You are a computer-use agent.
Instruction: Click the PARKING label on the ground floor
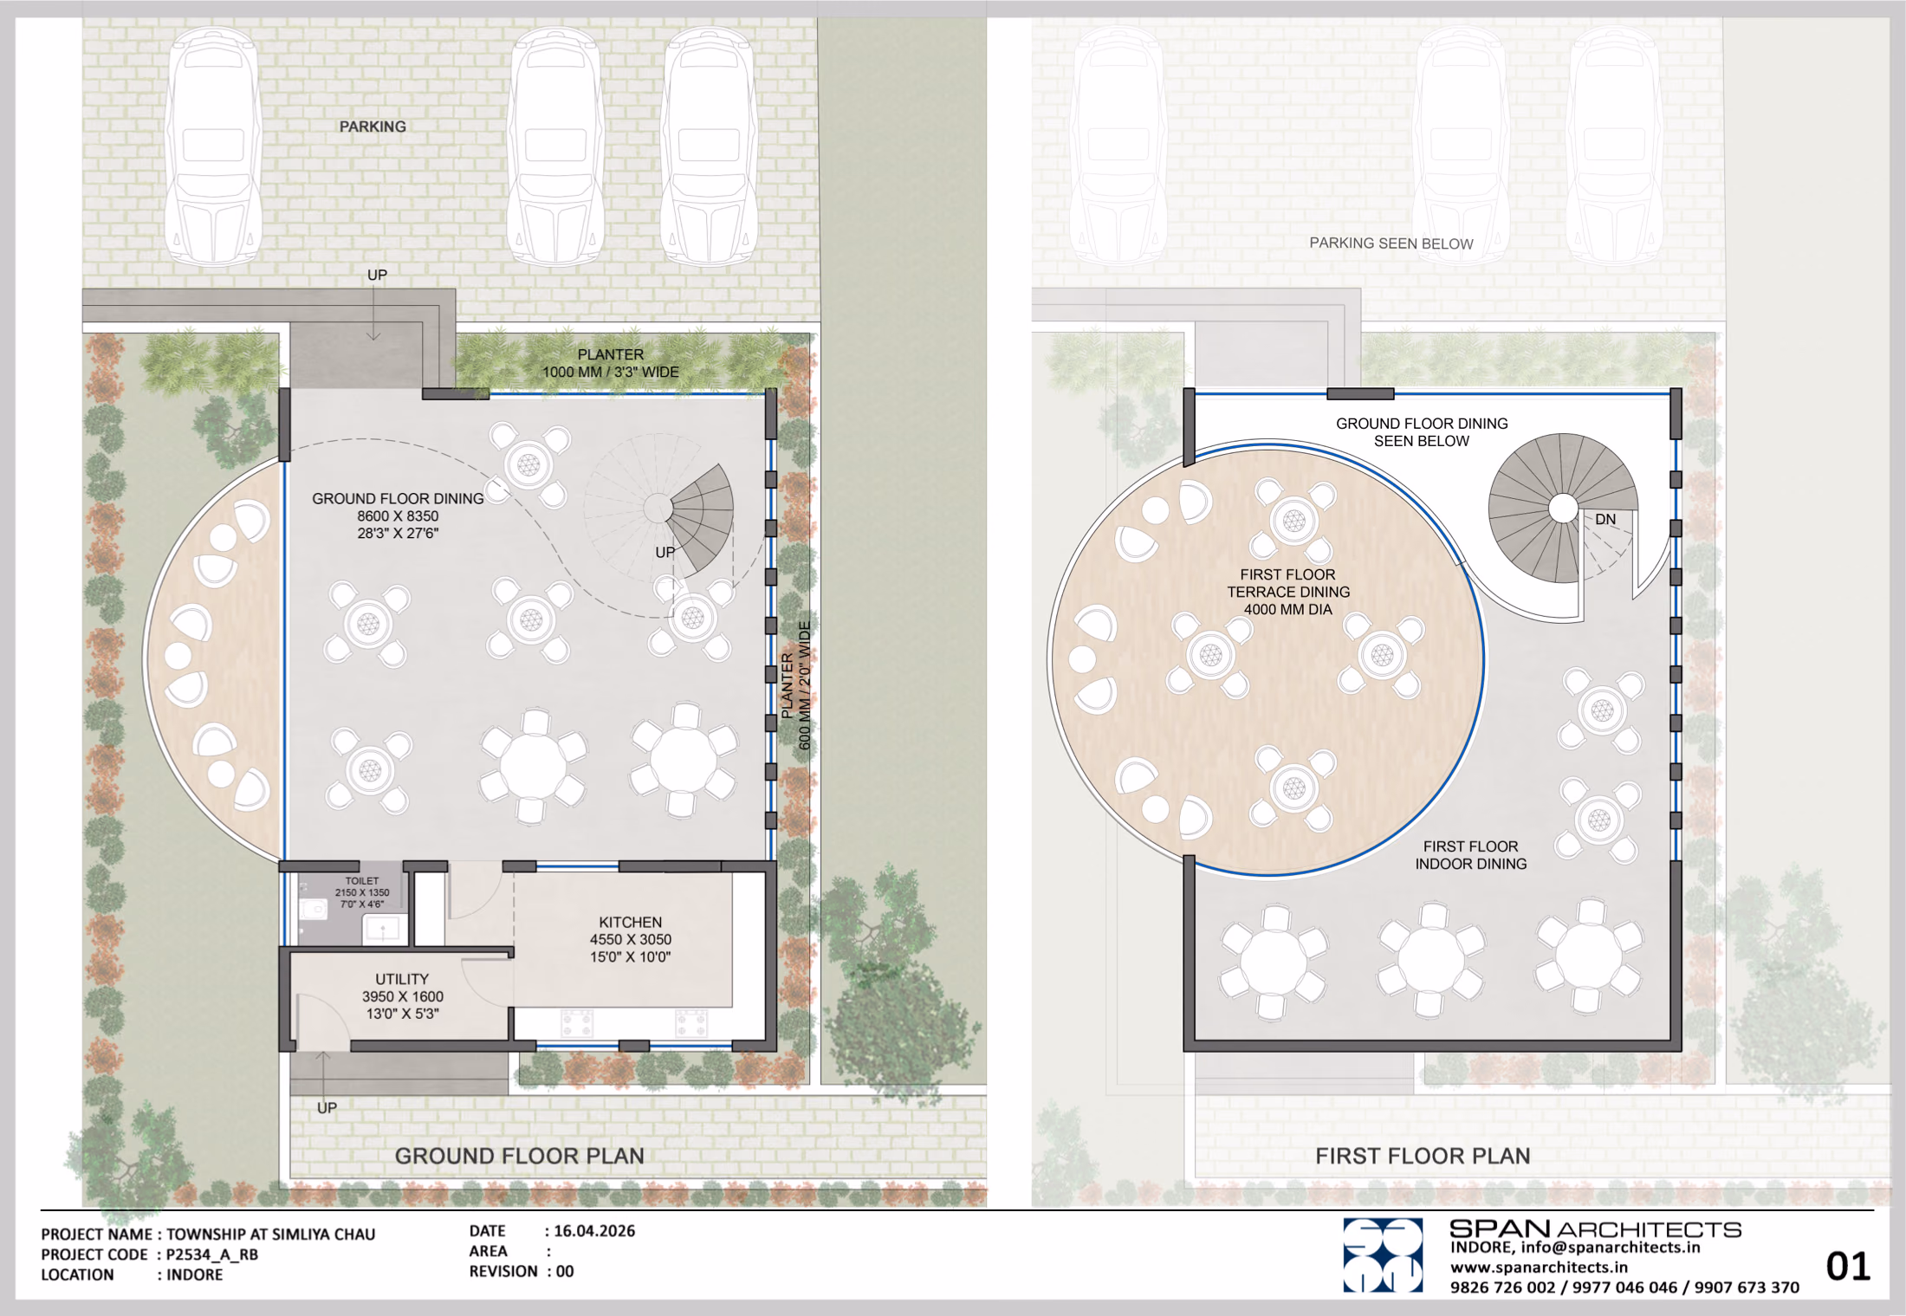[x=373, y=126]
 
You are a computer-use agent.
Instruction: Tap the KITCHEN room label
[x=630, y=922]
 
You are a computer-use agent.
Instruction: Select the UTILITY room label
[x=402, y=979]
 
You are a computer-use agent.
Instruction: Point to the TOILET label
[x=362, y=881]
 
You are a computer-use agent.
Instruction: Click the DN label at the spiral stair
[x=1605, y=519]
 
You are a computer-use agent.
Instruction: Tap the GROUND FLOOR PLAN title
[x=520, y=1156]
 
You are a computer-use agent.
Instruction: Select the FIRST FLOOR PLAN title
[x=1423, y=1156]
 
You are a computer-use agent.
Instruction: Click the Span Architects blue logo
[x=1383, y=1255]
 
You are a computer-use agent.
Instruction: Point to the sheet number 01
[x=1848, y=1267]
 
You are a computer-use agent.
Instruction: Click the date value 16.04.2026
[x=594, y=1231]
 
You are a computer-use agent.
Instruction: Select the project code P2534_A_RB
[x=212, y=1254]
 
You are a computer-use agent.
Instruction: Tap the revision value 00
[x=565, y=1271]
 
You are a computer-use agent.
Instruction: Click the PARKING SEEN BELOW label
[x=1391, y=243]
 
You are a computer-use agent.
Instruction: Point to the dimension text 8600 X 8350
[x=398, y=515]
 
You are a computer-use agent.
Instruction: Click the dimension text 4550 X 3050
[x=631, y=939]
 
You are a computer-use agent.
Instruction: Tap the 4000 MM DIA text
[x=1288, y=609]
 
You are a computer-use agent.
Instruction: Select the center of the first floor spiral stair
[x=1563, y=509]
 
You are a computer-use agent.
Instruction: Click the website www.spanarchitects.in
[x=1539, y=1267]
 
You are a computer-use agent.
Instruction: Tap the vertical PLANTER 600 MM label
[x=796, y=685]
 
